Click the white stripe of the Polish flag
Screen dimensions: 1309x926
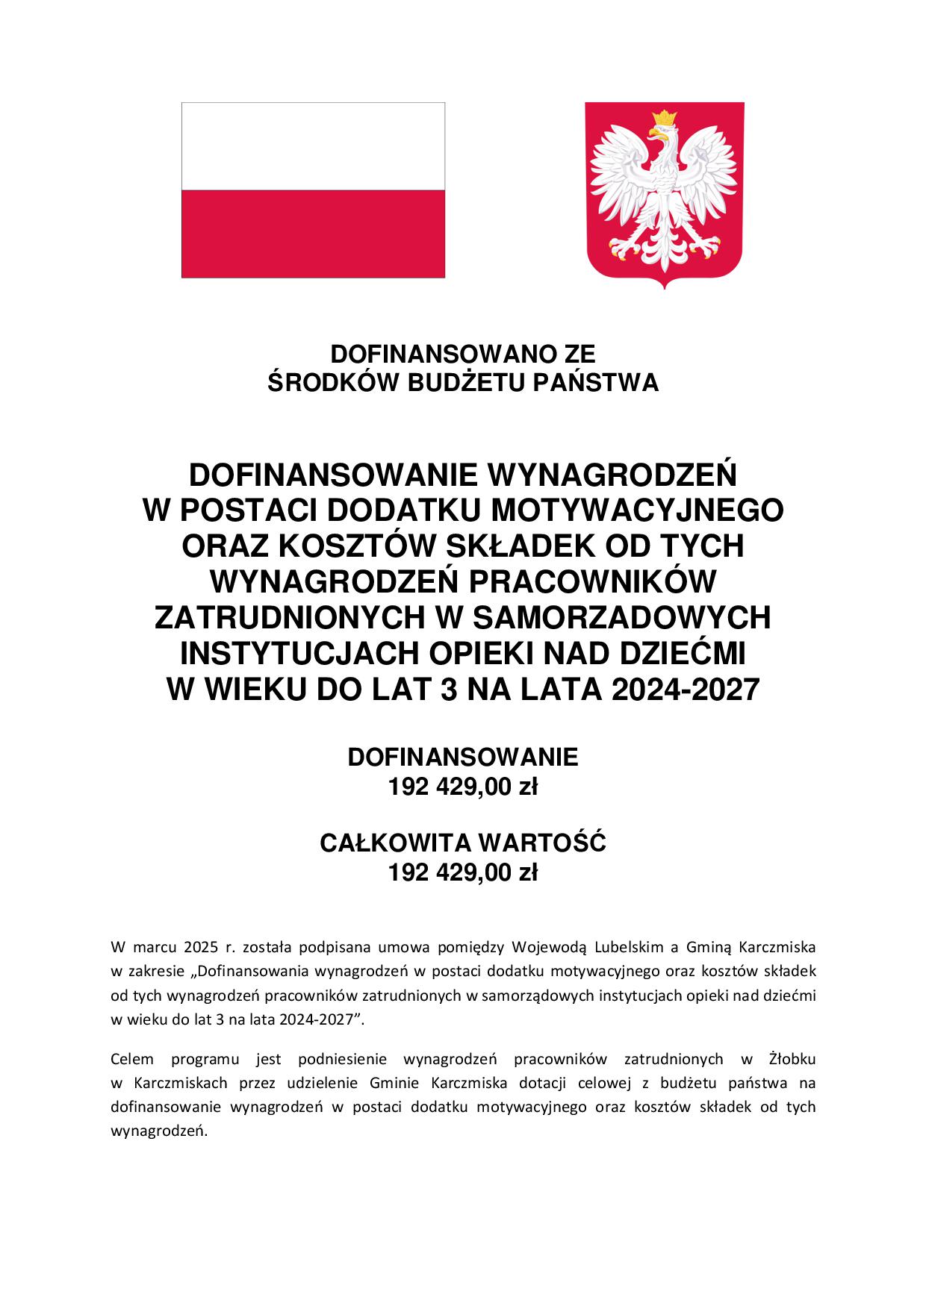click(x=313, y=146)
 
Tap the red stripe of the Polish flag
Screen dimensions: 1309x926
click(x=313, y=233)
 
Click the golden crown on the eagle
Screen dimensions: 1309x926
click(x=664, y=118)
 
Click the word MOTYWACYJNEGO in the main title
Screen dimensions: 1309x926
click(x=630, y=510)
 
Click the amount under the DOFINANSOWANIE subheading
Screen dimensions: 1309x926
click(x=462, y=787)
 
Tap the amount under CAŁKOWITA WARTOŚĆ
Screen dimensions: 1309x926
click(x=462, y=872)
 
